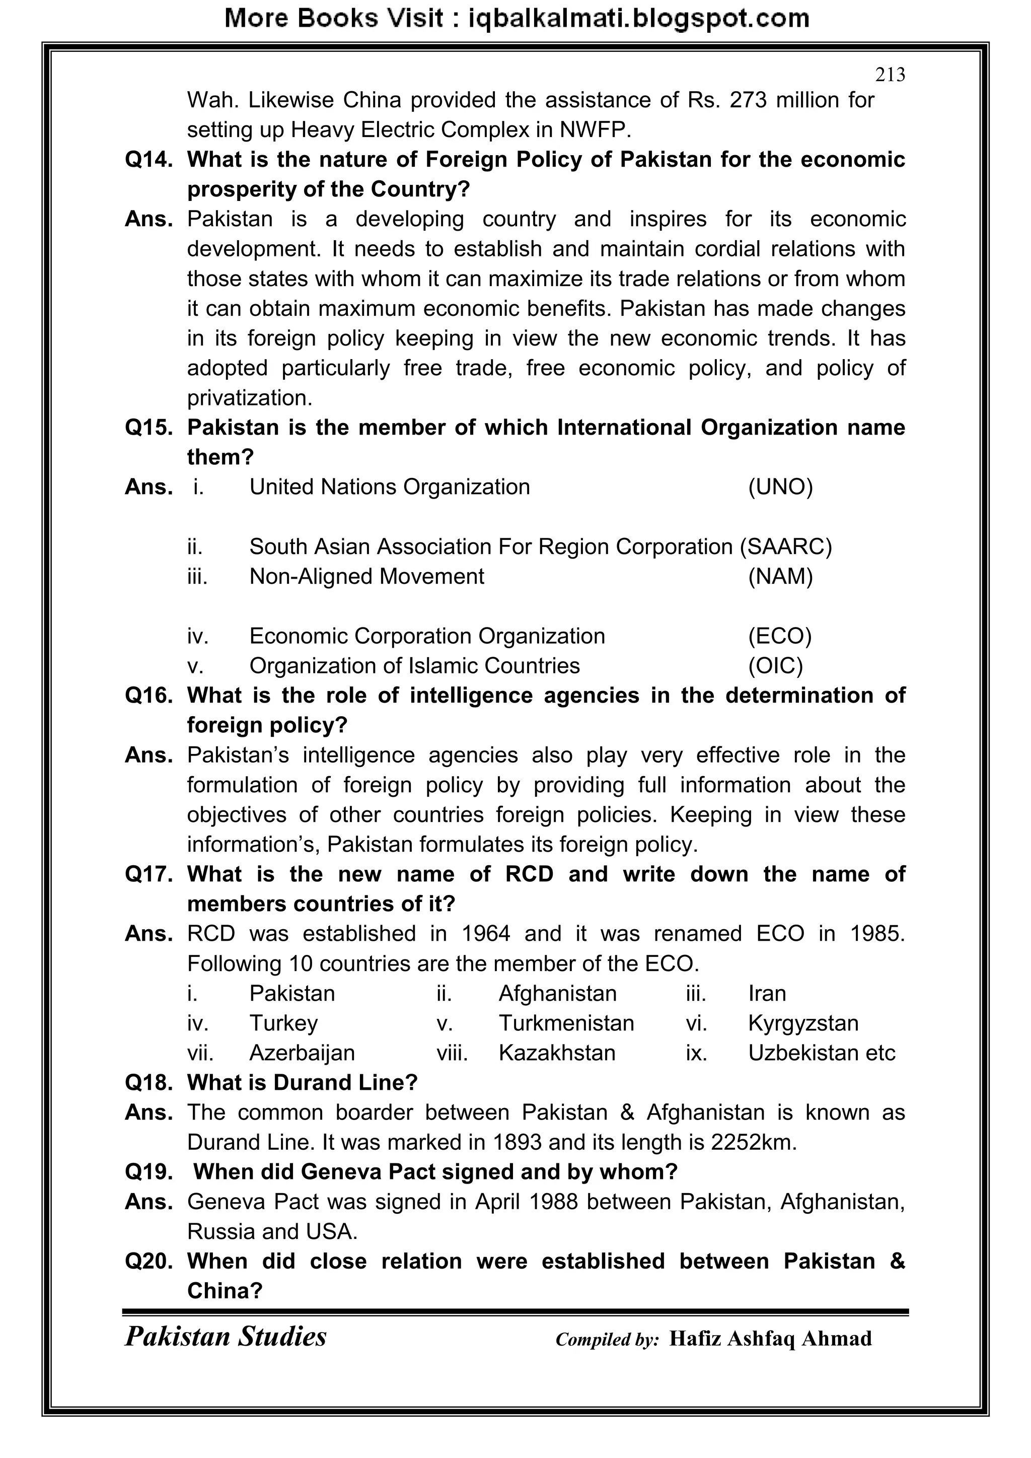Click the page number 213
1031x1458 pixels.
890,75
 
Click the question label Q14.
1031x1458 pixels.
149,159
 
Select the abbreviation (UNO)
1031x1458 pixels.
780,487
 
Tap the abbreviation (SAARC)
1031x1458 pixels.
786,547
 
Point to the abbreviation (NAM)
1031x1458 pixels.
780,577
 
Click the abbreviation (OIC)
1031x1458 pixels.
775,666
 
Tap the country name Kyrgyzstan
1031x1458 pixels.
803,1023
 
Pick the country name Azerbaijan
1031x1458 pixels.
302,1053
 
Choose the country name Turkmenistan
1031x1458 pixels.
566,1023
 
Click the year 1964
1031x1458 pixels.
486,934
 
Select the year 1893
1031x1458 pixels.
517,1142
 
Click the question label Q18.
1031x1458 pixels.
149,1083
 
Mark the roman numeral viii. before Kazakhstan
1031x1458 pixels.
452,1053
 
